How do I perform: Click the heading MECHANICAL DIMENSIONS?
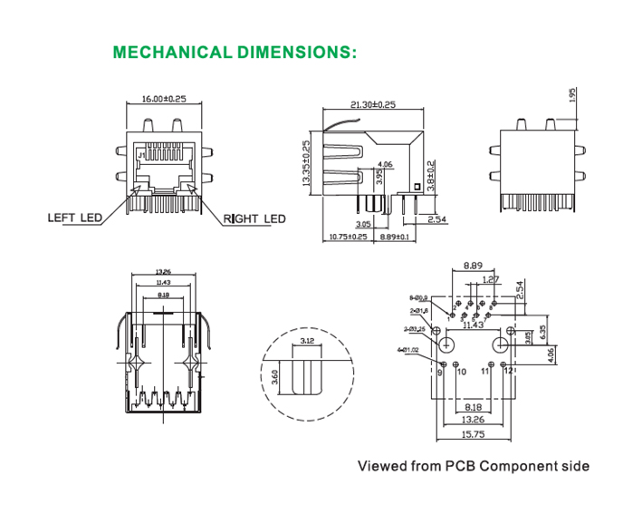[235, 52]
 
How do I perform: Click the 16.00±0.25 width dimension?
[164, 99]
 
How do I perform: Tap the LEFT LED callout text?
[74, 218]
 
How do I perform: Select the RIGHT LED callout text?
[254, 218]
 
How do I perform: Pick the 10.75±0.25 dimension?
[348, 237]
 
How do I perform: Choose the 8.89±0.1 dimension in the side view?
[395, 237]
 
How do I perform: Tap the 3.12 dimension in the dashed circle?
[306, 342]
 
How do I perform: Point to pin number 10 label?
[461, 372]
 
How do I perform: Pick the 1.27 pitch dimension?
[490, 279]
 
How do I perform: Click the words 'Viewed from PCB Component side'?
[474, 466]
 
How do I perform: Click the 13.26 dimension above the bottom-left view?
[164, 271]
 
